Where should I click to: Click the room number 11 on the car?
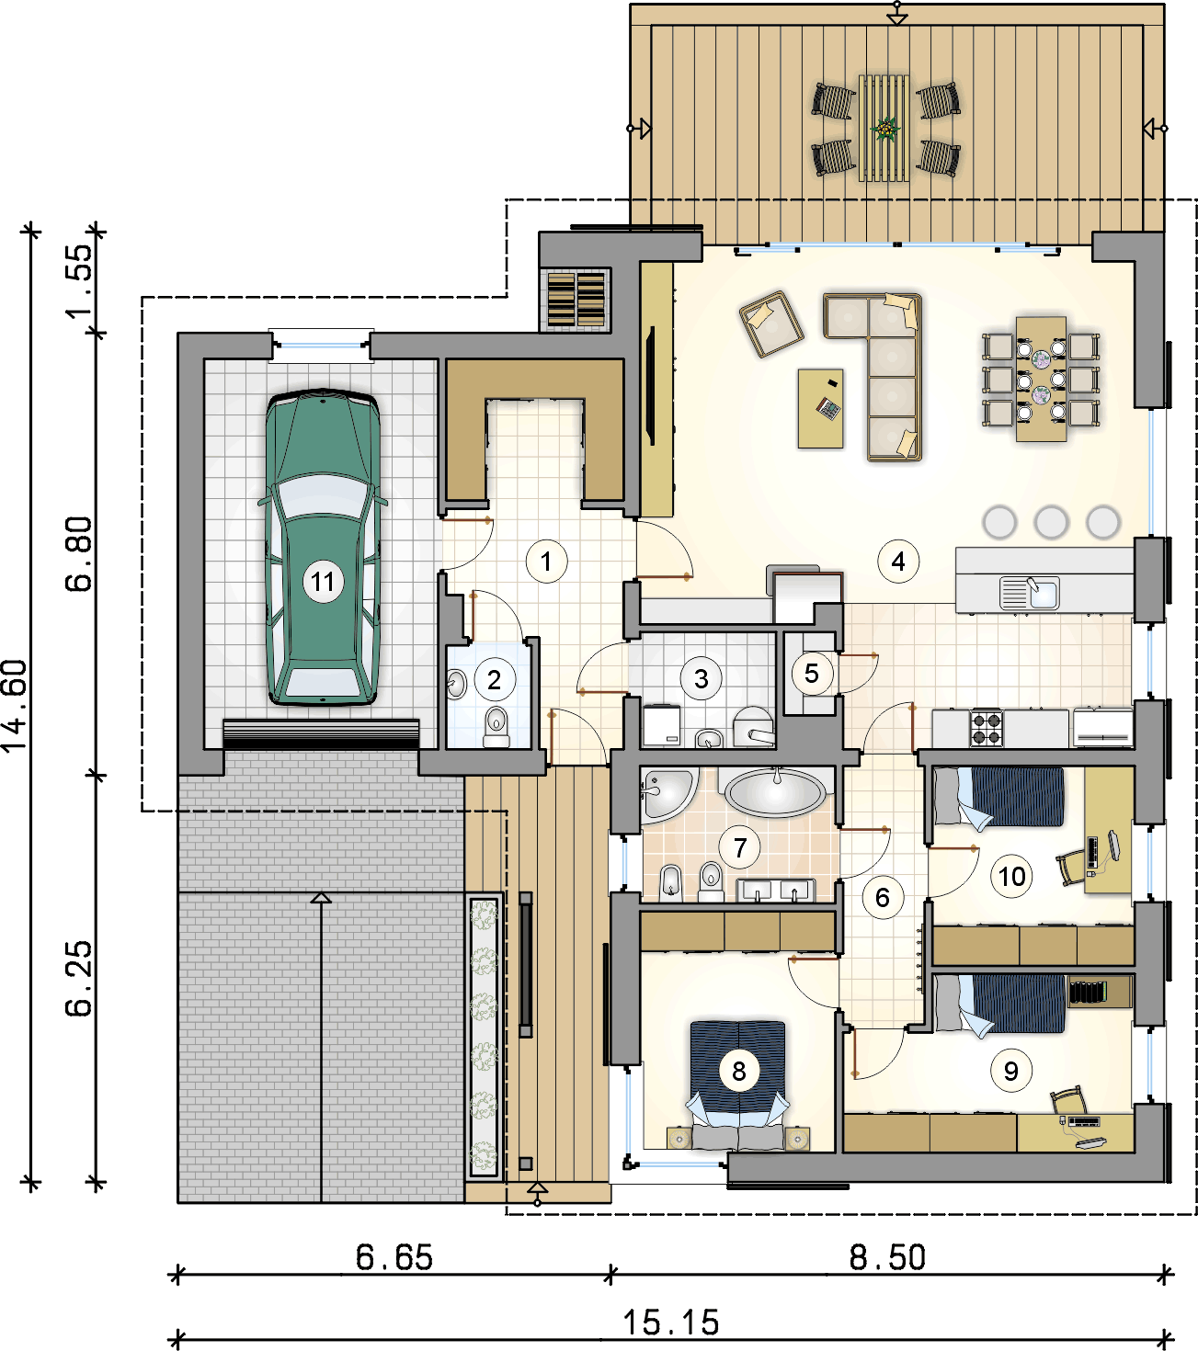click(323, 582)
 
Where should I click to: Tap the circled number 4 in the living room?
click(898, 562)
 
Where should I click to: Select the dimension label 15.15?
click(671, 1323)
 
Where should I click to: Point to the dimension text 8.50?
click(887, 1257)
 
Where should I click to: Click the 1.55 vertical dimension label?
click(79, 280)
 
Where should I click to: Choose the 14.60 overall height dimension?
click(14, 707)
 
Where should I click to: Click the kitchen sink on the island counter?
click(1029, 592)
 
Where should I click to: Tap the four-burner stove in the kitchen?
click(986, 728)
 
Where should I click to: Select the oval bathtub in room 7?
click(775, 793)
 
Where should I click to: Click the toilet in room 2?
click(496, 727)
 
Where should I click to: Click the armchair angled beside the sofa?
click(770, 324)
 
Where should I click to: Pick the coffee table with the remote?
click(820, 408)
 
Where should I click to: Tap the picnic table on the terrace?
click(884, 128)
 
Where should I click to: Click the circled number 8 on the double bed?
click(738, 1071)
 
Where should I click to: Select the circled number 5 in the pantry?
click(811, 673)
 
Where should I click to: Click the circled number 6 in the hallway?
click(882, 898)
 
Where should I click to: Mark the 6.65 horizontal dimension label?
click(394, 1257)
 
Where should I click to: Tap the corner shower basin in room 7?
click(667, 793)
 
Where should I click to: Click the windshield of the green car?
click(323, 494)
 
